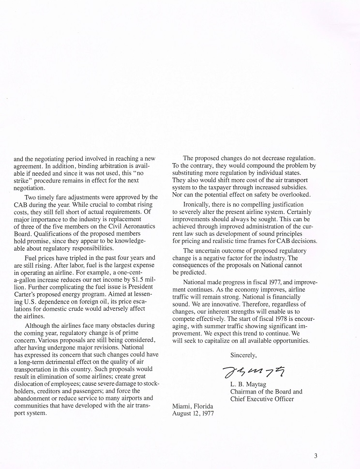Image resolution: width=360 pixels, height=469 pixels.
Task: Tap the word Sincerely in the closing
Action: coord(243,355)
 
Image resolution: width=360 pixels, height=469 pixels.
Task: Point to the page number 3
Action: coord(315,455)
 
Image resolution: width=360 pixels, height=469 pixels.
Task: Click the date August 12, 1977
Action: coord(193,413)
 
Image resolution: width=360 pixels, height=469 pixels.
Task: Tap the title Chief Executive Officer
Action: coord(262,399)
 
